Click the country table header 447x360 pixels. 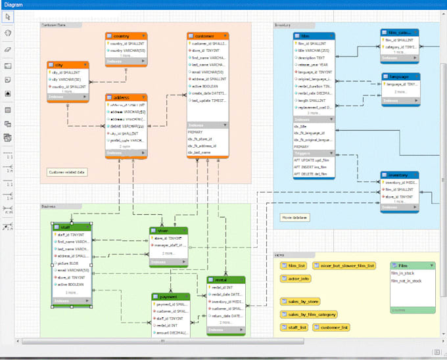tap(126, 36)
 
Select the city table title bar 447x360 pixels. tap(68, 65)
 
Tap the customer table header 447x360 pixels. tap(207, 36)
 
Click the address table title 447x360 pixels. tap(126, 97)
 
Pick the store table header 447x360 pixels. tap(168, 231)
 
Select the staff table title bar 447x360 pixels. tap(71, 227)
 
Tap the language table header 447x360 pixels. tap(399, 76)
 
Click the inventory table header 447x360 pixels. tap(399, 175)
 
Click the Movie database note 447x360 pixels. tap(294, 217)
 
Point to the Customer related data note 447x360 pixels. tap(67, 172)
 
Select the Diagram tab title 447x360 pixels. tap(12, 5)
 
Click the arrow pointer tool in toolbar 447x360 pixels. tap(7, 16)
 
